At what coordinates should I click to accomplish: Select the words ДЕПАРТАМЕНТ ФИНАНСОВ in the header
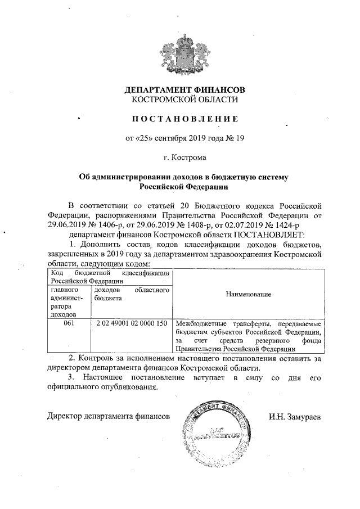[x=184, y=90]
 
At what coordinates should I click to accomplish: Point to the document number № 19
[x=233, y=138]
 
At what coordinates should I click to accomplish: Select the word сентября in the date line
[x=170, y=138]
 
